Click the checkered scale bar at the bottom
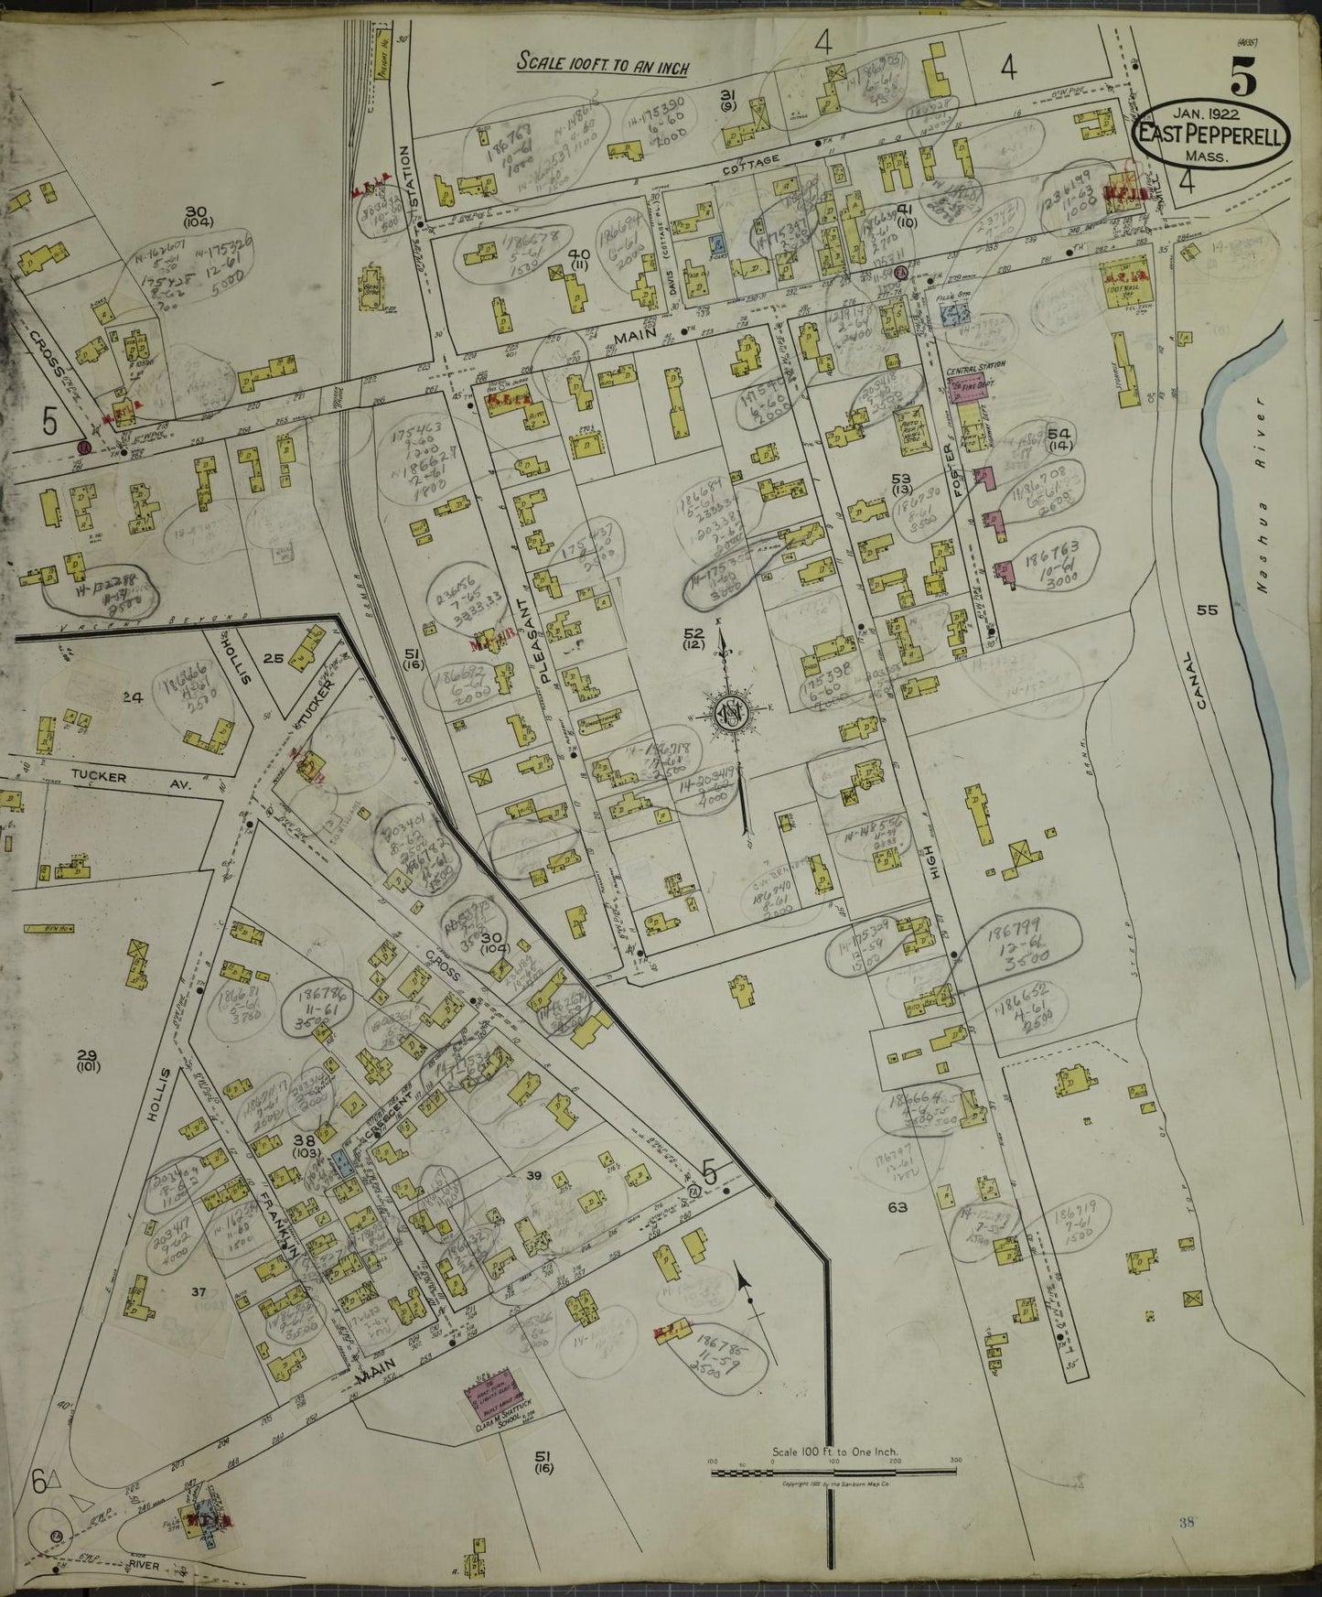[x=833, y=1473]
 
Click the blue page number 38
[x=1188, y=1522]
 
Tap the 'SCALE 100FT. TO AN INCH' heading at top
[x=601, y=64]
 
